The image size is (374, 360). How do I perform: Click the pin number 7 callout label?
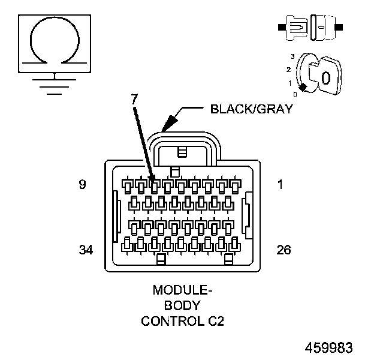[x=135, y=98]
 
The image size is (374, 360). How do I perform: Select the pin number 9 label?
[x=82, y=185]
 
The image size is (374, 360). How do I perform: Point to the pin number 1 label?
[x=280, y=185]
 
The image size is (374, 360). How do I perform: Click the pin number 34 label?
[x=86, y=250]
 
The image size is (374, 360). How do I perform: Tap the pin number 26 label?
[x=283, y=250]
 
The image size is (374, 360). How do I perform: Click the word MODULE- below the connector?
[x=183, y=290]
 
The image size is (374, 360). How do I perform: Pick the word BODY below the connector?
[x=183, y=305]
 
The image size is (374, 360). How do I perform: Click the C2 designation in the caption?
[x=215, y=321]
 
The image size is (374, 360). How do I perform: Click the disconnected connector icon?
[x=310, y=28]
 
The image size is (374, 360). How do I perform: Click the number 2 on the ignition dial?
[x=288, y=70]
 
